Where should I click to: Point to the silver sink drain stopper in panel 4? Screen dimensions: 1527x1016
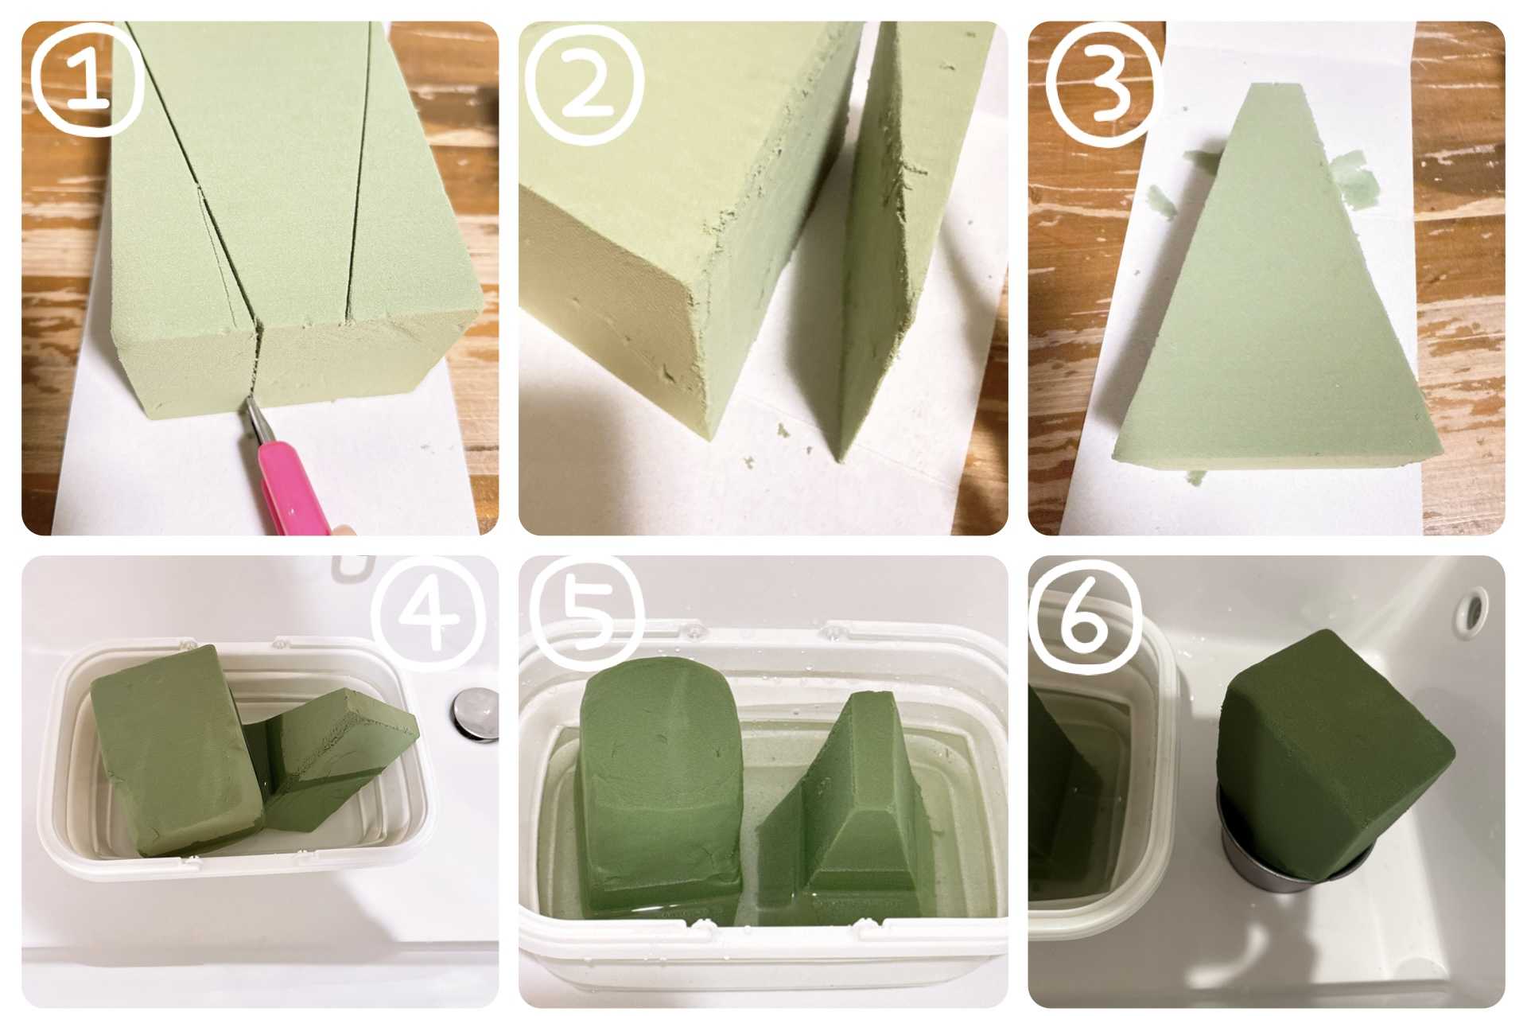[x=475, y=713]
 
